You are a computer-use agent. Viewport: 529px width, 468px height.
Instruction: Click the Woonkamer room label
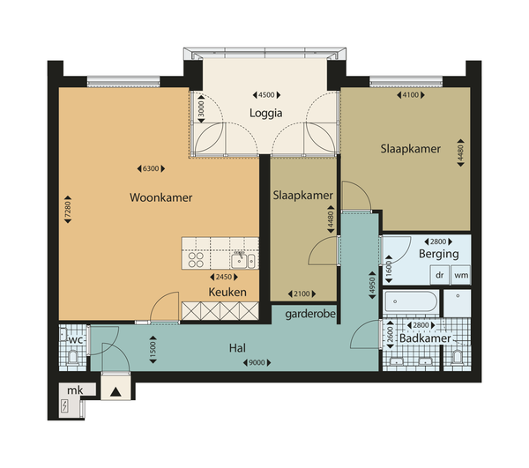point(161,197)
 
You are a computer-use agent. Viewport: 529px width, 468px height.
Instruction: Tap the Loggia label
point(266,114)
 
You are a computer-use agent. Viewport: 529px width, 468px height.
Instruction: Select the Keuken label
point(227,292)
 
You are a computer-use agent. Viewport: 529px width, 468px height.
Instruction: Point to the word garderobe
point(310,315)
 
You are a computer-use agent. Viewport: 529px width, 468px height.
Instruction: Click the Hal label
point(237,348)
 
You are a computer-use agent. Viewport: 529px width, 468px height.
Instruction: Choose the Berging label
point(438,254)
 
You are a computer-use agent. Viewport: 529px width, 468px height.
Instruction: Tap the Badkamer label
point(425,338)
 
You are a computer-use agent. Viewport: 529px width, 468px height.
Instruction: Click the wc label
point(75,340)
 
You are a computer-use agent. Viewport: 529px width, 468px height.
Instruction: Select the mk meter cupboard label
point(75,390)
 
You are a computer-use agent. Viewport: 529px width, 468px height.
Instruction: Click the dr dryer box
point(440,275)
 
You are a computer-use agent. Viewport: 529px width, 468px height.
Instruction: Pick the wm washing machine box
point(461,275)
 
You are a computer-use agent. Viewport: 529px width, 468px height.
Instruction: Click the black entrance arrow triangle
point(115,392)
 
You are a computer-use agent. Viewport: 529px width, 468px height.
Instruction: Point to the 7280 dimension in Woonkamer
point(68,210)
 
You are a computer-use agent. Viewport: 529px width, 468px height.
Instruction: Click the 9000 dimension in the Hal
point(257,363)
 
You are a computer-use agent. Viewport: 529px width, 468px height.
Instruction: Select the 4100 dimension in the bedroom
point(411,95)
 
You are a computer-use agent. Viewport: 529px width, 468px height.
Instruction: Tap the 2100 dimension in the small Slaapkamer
point(302,294)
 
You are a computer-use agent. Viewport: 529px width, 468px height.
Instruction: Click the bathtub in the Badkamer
point(411,301)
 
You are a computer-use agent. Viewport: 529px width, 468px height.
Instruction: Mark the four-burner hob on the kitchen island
point(196,260)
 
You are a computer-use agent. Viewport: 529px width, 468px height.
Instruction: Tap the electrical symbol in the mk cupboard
point(64,406)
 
